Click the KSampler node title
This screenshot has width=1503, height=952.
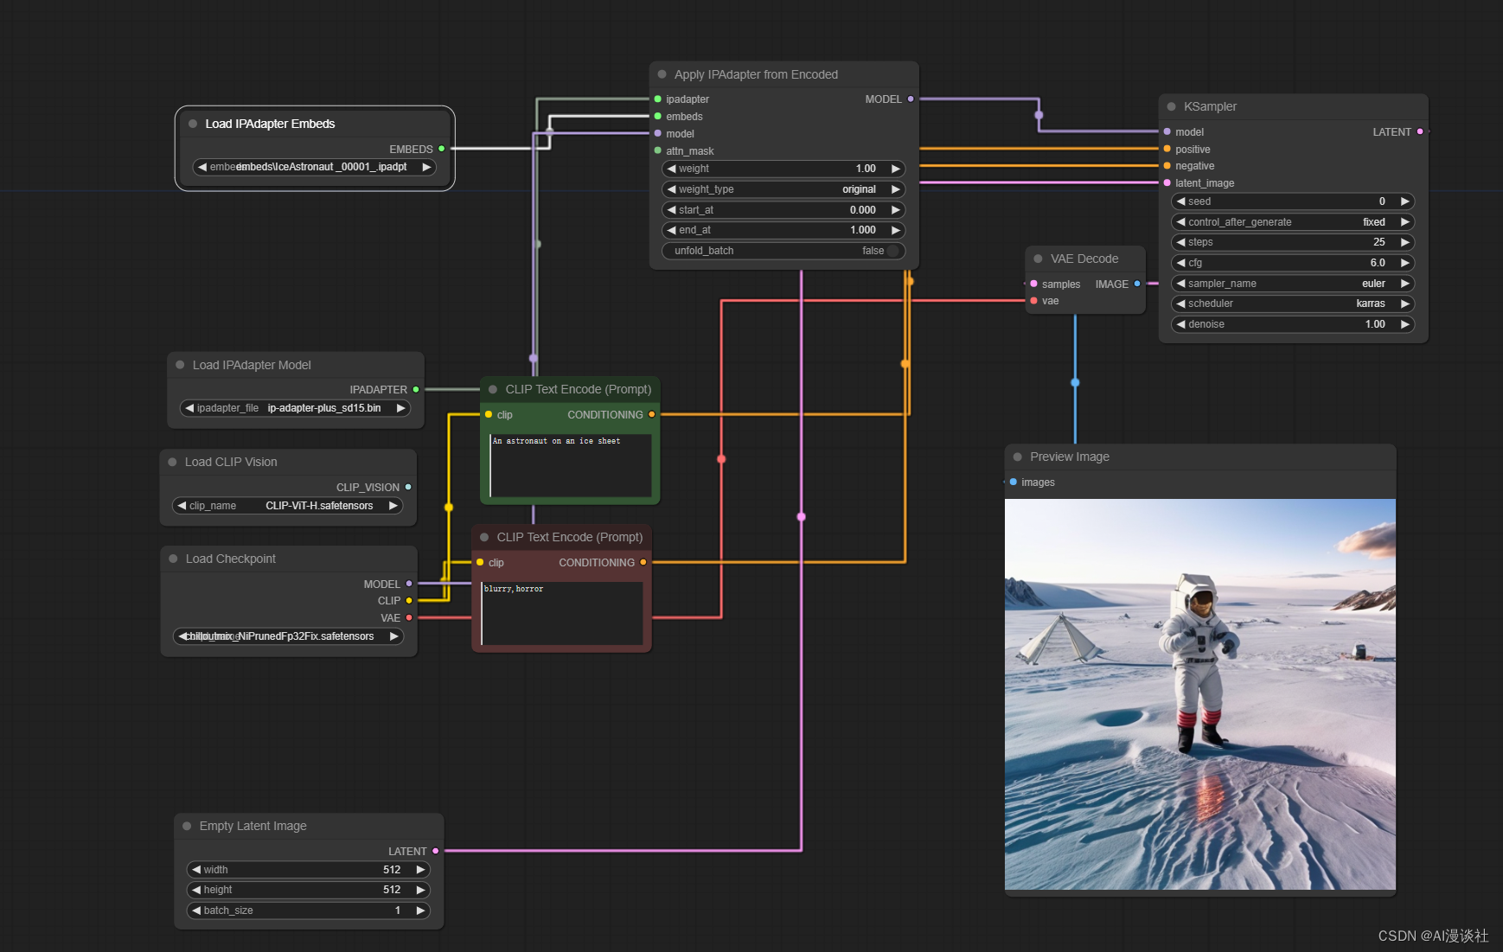(x=1210, y=106)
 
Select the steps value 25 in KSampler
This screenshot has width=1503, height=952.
(x=1292, y=242)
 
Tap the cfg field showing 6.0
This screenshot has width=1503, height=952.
(x=1292, y=263)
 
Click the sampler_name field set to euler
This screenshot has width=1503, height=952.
(x=1292, y=284)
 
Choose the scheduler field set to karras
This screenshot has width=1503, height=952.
(x=1292, y=303)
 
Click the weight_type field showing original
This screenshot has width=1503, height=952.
(x=783, y=189)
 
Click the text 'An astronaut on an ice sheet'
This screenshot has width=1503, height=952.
(x=556, y=441)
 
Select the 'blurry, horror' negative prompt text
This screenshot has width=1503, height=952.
(x=514, y=589)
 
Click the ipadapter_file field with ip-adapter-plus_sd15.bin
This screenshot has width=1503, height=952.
(x=295, y=408)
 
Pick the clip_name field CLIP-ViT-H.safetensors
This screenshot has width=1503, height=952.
(x=288, y=506)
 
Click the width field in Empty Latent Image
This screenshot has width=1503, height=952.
(x=308, y=870)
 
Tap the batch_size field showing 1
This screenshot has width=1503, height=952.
(x=308, y=910)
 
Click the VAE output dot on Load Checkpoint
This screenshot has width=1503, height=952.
(x=409, y=618)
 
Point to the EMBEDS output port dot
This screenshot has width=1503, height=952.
(x=442, y=149)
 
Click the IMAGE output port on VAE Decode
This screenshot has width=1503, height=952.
(x=1137, y=284)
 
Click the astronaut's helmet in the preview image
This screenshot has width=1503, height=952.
(x=1198, y=597)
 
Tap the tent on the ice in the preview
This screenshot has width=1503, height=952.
(x=1059, y=640)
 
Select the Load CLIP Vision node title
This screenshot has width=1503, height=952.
(x=231, y=462)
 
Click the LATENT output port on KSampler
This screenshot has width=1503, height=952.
(x=1420, y=131)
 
